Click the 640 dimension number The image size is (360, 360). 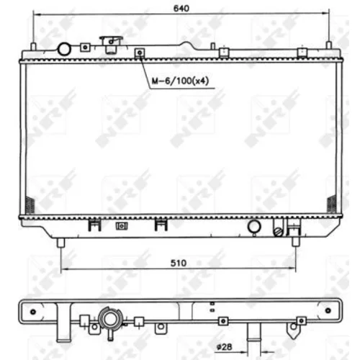click(181, 9)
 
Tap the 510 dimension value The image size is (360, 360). click(179, 264)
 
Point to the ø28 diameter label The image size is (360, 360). click(224, 347)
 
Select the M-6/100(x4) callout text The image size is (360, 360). click(180, 81)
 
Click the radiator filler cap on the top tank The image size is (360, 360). click(111, 45)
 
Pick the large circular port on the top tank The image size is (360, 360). click(64, 49)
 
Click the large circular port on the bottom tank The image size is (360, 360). click(254, 226)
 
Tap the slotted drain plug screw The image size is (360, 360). click(279, 232)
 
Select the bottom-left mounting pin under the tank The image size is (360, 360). click(60, 243)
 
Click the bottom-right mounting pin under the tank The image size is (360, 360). click(296, 242)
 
